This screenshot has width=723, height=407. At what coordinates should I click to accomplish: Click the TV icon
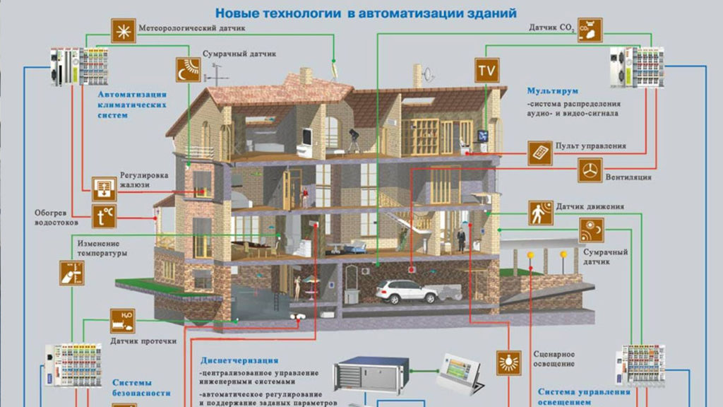(x=486, y=71)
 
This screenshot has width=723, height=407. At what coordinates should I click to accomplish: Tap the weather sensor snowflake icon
(x=123, y=30)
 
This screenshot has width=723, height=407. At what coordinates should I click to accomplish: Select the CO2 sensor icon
(x=590, y=30)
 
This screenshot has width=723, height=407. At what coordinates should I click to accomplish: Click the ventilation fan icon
(x=592, y=170)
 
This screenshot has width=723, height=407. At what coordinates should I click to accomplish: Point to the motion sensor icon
(x=541, y=212)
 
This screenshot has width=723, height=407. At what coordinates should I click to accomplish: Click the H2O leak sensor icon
(x=122, y=320)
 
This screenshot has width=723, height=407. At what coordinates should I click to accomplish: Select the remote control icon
(x=540, y=152)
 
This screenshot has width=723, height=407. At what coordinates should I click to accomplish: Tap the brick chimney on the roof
(x=306, y=76)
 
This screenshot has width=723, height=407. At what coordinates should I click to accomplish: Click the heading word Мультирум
(x=552, y=91)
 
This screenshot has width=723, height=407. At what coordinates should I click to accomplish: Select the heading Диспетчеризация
(x=239, y=360)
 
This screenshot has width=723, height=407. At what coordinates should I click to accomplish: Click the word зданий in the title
(x=492, y=13)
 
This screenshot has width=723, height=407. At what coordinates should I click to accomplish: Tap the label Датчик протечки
(x=143, y=341)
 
